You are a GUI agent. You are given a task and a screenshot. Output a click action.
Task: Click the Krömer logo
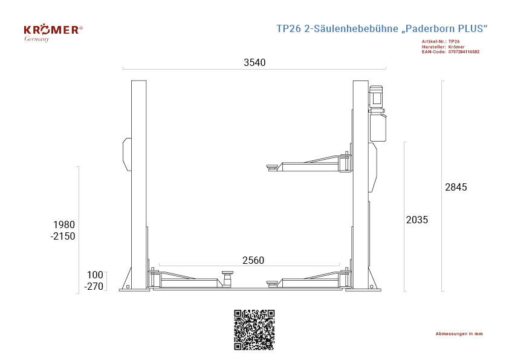click(53, 33)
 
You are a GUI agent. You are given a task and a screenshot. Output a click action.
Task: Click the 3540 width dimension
click(254, 62)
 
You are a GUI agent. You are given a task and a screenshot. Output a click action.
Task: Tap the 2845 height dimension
click(456, 187)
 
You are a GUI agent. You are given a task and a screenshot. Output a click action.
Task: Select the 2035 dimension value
click(417, 220)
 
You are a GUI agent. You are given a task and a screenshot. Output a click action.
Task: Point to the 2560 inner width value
click(253, 260)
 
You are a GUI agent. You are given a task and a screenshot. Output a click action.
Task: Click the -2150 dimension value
click(63, 236)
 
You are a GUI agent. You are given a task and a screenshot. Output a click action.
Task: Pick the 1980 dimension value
click(64, 224)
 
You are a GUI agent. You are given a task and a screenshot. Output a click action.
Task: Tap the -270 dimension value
click(94, 287)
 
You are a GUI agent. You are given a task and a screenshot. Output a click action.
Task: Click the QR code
click(254, 330)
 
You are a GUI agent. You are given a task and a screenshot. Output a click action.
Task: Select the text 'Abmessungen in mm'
click(459, 334)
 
